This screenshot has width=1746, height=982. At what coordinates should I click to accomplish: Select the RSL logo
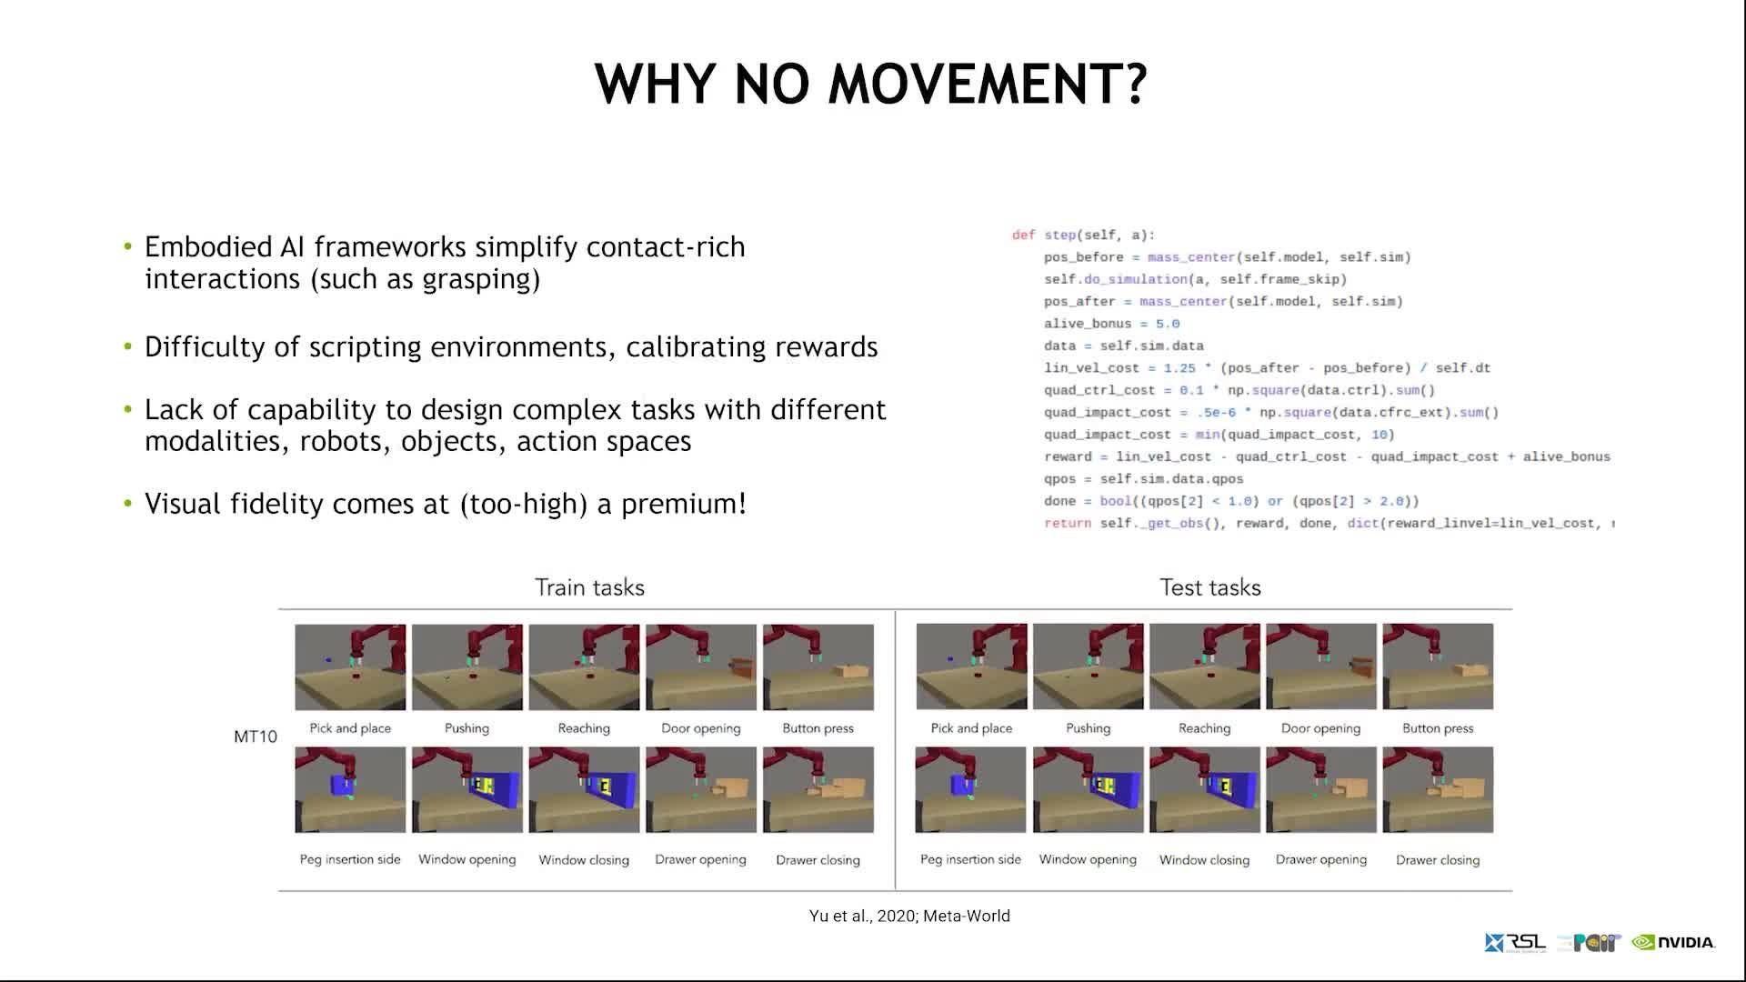click(x=1515, y=943)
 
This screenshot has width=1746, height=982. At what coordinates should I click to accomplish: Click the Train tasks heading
click(x=589, y=587)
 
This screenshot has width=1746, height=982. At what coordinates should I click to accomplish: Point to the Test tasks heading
click(x=1209, y=587)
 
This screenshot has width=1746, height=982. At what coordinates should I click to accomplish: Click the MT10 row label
click(x=255, y=736)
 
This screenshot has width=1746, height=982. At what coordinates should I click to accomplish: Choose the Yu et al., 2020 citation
click(x=909, y=916)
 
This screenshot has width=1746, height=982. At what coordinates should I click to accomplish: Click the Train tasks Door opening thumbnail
click(x=701, y=666)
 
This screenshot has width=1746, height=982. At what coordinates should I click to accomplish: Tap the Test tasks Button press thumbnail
click(x=1438, y=666)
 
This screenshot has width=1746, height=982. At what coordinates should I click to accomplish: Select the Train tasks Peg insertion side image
click(x=350, y=789)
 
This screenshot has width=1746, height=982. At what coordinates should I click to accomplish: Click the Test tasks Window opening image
click(x=1088, y=789)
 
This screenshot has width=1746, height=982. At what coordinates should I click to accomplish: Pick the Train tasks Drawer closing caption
click(x=818, y=860)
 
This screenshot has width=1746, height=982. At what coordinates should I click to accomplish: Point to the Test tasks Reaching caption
click(x=1204, y=728)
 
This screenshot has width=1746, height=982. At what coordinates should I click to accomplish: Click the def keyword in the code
click(x=1023, y=235)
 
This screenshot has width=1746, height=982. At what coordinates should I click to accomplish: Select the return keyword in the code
click(x=1067, y=524)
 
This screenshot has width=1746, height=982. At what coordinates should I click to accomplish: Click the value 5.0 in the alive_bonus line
click(x=1168, y=324)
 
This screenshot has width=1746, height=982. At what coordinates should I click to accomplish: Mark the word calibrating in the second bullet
click(x=696, y=347)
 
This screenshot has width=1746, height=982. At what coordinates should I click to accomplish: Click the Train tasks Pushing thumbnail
click(x=467, y=666)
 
